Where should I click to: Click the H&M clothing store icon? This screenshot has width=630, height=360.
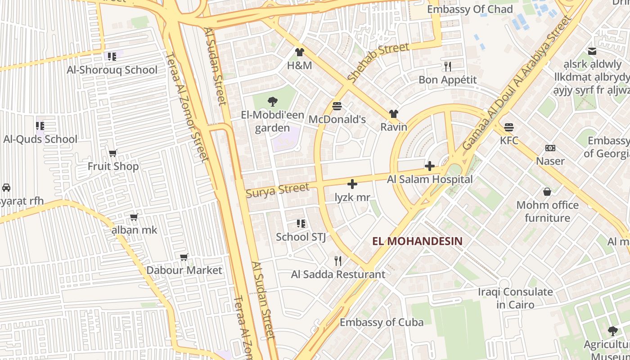pos(300,53)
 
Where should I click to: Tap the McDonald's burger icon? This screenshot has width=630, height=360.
pos(337,107)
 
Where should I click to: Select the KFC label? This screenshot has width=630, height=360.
pos(509,140)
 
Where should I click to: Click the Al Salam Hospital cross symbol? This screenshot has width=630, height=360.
pos(430,166)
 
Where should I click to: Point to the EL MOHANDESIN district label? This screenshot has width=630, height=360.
pos(417,241)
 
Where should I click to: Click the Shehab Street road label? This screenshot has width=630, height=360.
pos(378,63)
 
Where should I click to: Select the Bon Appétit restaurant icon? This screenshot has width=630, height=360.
pos(447,67)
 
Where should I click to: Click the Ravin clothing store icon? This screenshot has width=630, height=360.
pos(394,114)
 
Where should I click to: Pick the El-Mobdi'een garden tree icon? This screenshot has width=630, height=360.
pos(272,102)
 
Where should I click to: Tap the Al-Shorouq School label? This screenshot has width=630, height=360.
pos(112,70)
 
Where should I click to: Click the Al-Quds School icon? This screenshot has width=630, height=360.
pos(40,126)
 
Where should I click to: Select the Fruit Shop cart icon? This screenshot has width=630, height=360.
pos(113,153)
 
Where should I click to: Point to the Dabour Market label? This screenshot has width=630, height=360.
pos(184,270)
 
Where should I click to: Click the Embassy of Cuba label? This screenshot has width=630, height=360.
pos(381,322)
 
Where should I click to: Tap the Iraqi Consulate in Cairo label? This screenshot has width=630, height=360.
pos(515,298)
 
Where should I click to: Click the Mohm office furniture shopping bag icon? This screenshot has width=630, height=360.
pos(547,192)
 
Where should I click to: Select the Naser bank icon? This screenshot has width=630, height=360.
pos(550,148)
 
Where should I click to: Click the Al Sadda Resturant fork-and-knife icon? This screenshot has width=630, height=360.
pos(338,261)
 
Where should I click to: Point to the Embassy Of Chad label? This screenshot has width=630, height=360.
pos(469,9)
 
